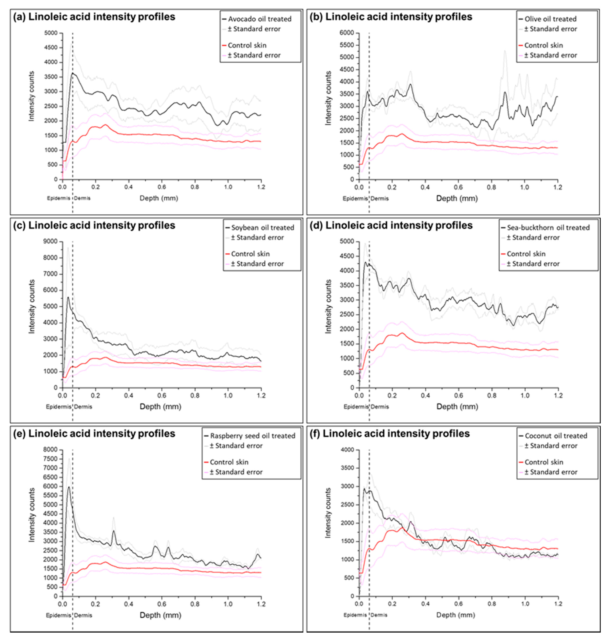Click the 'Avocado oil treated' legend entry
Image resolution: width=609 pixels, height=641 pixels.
click(259, 19)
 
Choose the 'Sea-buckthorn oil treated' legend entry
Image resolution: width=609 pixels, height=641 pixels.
click(548, 228)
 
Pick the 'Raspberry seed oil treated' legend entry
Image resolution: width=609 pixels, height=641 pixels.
click(252, 436)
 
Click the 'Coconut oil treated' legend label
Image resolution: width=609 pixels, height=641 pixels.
click(556, 436)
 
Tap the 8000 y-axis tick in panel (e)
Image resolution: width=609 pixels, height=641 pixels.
click(51, 450)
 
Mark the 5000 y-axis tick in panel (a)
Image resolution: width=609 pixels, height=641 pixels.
click(51, 33)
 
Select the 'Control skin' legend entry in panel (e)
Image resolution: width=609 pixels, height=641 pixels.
click(229, 462)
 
